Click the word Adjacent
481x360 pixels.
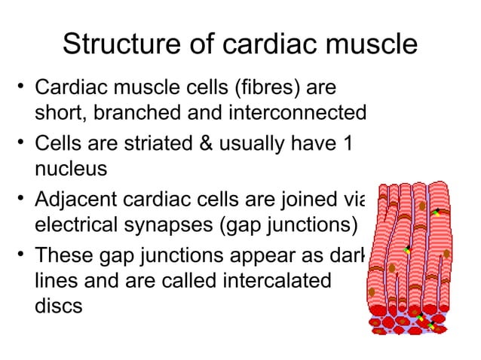tap(77, 199)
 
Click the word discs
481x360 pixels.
tap(59, 307)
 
